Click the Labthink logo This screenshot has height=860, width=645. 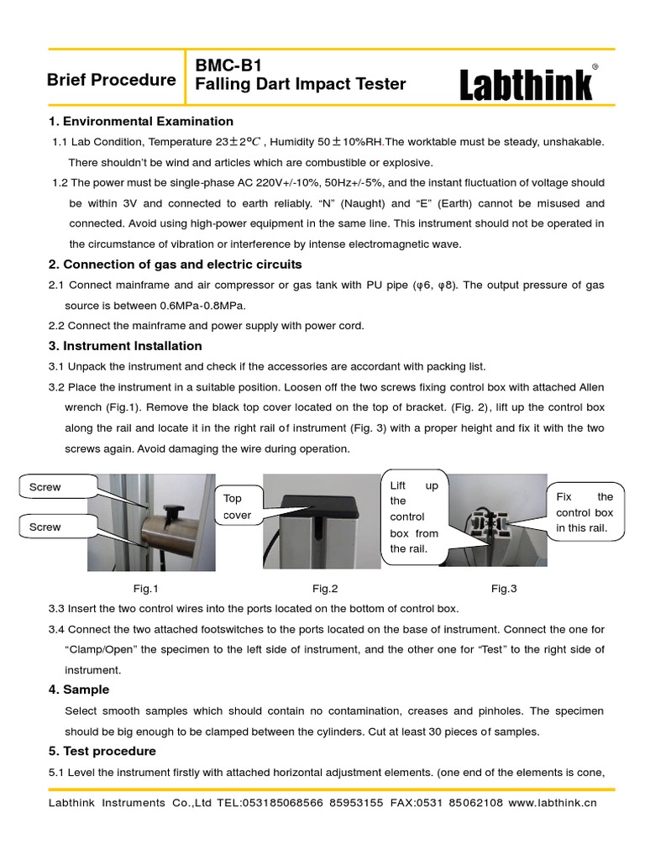coord(527,85)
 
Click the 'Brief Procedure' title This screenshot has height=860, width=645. coord(112,80)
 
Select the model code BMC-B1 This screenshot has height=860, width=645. coord(223,64)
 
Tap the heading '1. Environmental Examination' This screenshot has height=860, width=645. coord(141,121)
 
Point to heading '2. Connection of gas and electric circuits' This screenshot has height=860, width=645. coord(175,265)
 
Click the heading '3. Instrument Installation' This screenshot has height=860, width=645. coord(125,345)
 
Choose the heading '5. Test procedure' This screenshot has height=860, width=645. coord(102,751)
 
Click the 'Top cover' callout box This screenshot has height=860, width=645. coord(238,506)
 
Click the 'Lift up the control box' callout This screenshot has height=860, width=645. coord(414,517)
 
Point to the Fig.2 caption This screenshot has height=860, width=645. coord(325,589)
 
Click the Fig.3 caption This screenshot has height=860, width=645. coord(504,589)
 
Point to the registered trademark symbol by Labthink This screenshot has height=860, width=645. coord(595,66)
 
